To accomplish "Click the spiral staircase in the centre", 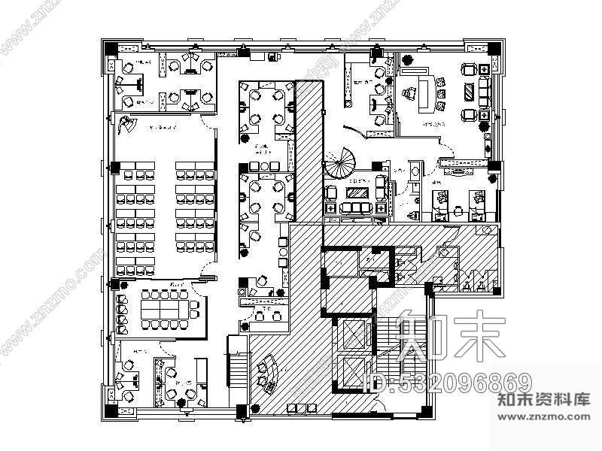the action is [342, 160].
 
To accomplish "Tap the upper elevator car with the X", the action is [354, 332].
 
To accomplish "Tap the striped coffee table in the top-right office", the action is [470, 93].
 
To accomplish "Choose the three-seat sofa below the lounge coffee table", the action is [357, 208].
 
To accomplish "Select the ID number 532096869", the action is [448, 383].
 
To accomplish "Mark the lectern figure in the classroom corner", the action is [128, 125].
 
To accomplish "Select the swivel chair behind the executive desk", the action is [409, 93].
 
